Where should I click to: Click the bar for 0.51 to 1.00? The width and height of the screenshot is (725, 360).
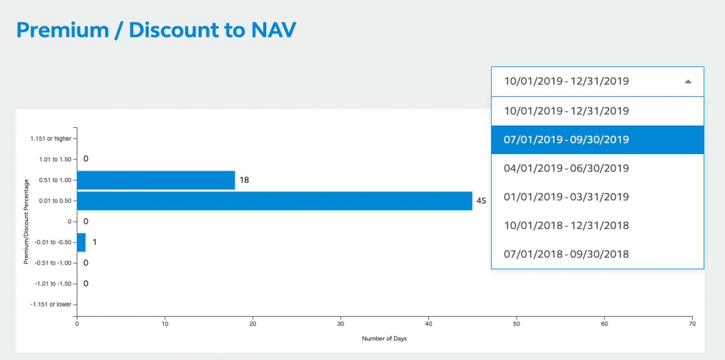click(156, 180)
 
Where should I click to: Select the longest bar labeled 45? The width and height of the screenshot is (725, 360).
click(275, 201)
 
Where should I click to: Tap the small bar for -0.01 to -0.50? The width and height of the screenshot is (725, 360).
click(81, 242)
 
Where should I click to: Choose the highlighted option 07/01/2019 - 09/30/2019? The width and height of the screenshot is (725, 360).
click(597, 140)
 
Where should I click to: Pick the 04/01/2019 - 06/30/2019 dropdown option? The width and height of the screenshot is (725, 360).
click(597, 168)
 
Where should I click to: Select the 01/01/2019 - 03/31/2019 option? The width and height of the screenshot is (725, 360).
click(597, 197)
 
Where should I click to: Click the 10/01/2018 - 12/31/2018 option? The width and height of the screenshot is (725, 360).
click(597, 226)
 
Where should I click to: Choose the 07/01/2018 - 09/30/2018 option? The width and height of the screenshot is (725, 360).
click(597, 254)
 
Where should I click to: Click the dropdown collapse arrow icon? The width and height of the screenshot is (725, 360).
click(688, 82)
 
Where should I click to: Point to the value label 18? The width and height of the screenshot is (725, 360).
click(244, 180)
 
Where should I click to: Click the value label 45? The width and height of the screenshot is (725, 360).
click(481, 201)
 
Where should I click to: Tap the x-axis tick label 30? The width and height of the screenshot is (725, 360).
click(341, 324)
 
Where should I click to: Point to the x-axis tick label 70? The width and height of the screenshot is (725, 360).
click(692, 324)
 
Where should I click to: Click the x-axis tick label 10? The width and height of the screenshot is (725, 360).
click(165, 324)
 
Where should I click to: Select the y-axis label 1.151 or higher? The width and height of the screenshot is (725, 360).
click(51, 139)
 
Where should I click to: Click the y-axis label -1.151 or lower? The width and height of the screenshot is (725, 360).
click(51, 305)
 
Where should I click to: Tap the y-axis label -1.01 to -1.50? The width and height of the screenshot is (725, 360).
click(53, 284)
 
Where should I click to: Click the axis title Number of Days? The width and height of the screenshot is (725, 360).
click(384, 338)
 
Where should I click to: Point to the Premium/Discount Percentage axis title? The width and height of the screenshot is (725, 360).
click(26, 222)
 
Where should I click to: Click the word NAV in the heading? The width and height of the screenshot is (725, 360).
click(273, 30)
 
